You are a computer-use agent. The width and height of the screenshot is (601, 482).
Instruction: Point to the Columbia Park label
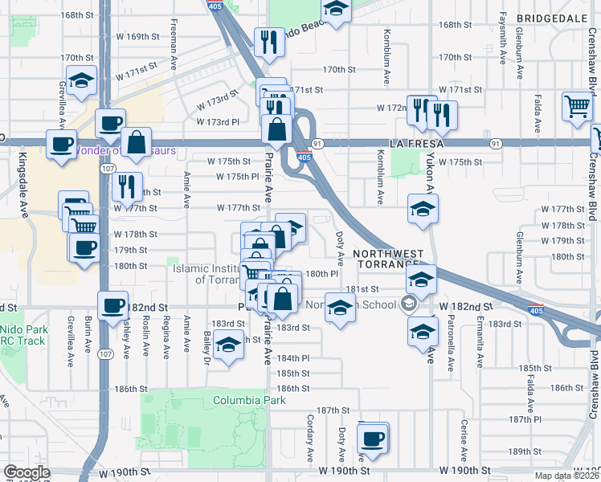250,400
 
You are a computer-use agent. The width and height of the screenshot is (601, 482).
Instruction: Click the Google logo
27,472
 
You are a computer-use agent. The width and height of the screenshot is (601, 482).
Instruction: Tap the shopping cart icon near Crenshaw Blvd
578,105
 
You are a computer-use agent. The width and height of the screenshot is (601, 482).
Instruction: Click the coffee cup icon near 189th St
372,439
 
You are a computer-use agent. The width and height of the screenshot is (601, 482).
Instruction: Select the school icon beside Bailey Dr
229,345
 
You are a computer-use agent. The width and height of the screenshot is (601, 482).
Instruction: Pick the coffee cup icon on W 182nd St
112,305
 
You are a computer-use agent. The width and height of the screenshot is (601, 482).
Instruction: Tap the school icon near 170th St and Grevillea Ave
81,80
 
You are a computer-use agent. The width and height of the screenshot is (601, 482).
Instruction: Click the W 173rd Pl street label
218,122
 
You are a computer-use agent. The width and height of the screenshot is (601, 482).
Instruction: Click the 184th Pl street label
294,357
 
